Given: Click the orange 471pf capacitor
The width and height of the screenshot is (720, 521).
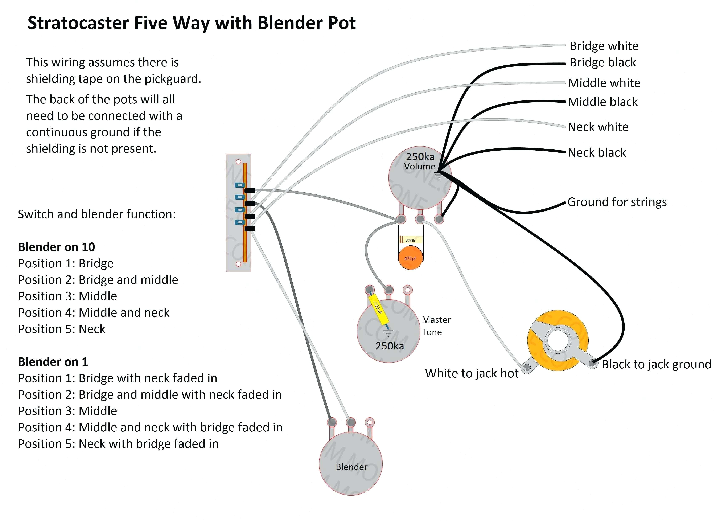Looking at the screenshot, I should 411,258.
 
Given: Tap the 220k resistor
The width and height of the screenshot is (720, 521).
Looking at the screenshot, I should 411,240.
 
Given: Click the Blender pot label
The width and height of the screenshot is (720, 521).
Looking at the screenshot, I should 351,467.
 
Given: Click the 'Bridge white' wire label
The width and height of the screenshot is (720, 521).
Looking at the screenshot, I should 604,46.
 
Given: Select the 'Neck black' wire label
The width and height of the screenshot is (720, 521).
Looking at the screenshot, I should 597,153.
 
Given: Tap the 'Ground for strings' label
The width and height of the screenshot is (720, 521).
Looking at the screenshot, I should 617,202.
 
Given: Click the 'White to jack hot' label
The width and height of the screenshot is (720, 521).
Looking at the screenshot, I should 472,373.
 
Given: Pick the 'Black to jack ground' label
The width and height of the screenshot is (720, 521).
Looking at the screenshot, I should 656,364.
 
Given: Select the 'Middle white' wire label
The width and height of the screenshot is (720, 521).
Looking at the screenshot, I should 604,83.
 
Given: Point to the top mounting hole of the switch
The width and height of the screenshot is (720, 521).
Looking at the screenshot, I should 238,162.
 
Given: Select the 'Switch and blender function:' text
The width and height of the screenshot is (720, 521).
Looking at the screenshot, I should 96,214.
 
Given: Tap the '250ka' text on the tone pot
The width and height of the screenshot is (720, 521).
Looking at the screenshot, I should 390,346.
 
